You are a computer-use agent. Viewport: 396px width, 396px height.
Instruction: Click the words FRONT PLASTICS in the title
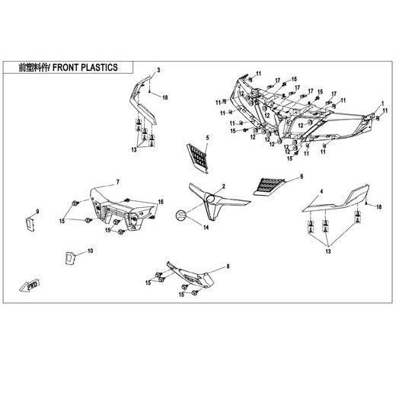point(85,68)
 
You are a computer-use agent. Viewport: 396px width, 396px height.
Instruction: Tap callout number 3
point(158,70)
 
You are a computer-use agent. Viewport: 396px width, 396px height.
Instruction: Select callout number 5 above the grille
point(207,138)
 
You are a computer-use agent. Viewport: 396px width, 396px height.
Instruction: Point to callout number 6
point(302,177)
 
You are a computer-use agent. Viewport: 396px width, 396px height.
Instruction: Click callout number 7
point(118,182)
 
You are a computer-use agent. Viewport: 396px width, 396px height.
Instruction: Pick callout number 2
point(224,187)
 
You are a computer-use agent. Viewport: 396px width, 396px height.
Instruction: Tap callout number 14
point(206,228)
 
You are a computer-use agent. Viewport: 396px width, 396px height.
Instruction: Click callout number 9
point(37,212)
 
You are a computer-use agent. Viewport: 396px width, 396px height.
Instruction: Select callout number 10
point(91,251)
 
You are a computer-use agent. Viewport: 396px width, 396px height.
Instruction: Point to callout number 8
point(228,267)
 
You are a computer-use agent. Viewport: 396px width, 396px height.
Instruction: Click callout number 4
point(321,191)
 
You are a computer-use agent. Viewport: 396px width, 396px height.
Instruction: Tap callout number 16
point(161,202)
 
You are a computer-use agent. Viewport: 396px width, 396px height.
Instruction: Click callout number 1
point(382,104)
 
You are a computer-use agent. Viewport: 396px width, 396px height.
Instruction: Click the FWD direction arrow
point(30,286)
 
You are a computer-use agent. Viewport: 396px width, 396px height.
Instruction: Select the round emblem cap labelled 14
point(181,216)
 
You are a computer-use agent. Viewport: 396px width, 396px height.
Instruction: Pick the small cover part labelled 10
point(69,258)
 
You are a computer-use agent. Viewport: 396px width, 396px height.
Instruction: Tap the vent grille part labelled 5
point(198,157)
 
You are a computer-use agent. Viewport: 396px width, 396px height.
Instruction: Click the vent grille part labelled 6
point(269,187)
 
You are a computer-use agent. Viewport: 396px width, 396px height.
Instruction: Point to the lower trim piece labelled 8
point(191,276)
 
